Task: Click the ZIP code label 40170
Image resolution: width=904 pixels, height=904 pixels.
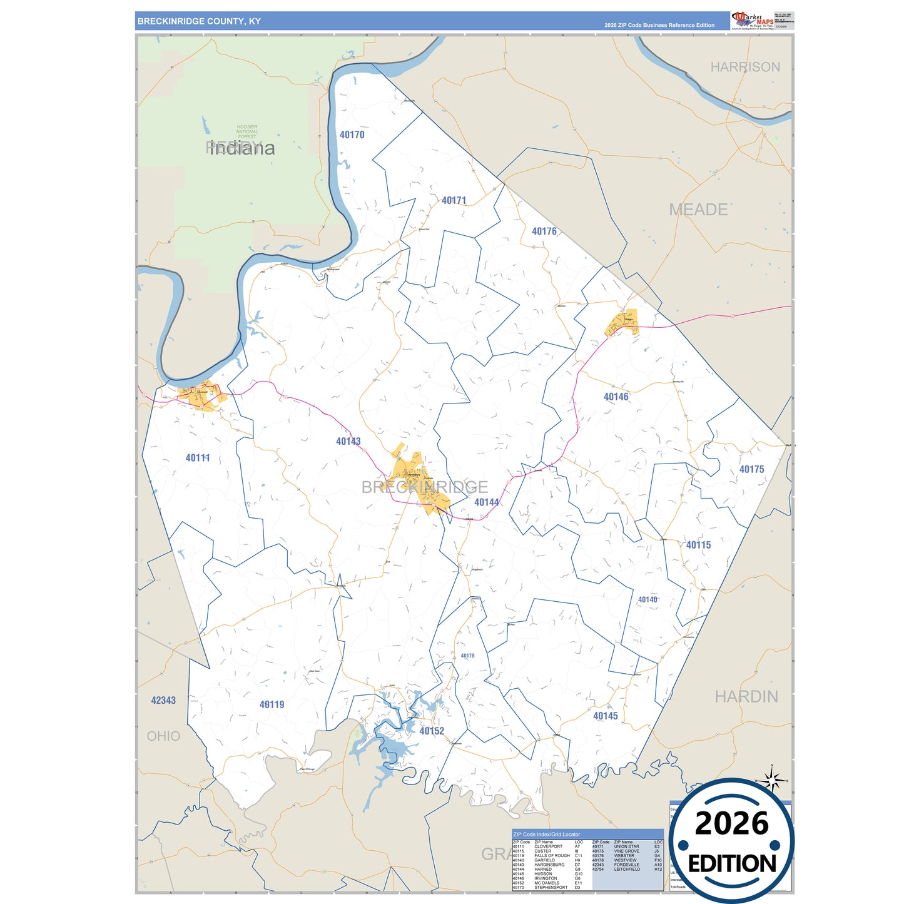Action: point(352,135)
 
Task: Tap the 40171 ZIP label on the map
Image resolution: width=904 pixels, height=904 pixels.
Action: point(454,200)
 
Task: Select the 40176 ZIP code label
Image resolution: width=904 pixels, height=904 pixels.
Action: point(544,231)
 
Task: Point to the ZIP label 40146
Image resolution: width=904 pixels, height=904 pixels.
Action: point(616,397)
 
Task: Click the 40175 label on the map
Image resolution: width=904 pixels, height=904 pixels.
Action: point(751,469)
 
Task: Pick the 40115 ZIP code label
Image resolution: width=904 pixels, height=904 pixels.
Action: point(698,545)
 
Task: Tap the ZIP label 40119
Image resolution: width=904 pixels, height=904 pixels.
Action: point(272,704)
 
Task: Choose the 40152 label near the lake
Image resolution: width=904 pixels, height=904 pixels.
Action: point(432,731)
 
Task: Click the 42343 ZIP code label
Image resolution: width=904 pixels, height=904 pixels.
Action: point(163,700)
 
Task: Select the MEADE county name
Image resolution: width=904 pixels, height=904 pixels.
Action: point(698,210)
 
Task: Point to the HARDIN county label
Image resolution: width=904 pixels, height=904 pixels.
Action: point(746,696)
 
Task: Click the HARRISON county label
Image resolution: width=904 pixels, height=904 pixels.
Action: point(745,67)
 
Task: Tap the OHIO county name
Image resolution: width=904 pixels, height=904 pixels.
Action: point(163,736)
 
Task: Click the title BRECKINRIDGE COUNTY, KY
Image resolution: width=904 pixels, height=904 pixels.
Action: point(199,21)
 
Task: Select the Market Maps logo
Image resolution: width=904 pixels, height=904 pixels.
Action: point(753,21)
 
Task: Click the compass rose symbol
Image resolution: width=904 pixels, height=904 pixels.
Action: point(772,780)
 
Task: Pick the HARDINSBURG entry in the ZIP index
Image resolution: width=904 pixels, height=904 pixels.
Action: point(549,865)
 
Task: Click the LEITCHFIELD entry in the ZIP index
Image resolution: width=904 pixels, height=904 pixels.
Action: point(627,869)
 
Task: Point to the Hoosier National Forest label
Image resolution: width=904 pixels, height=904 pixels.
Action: point(247,131)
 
